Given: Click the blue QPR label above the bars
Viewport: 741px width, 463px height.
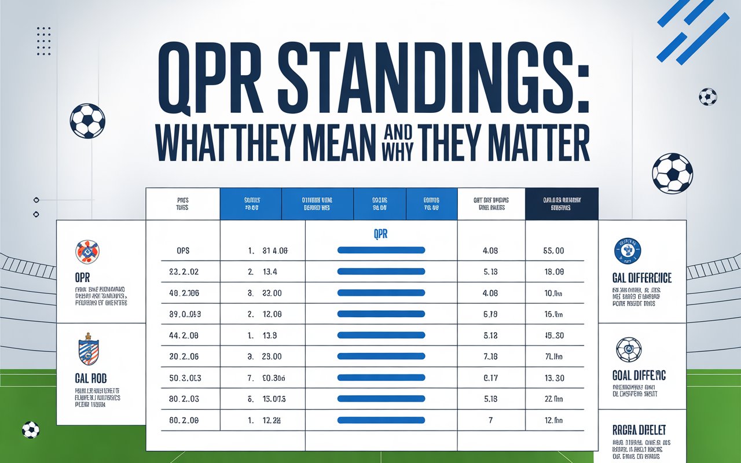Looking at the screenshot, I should click(x=380, y=235).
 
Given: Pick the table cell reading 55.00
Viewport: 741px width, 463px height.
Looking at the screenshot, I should click(x=555, y=251).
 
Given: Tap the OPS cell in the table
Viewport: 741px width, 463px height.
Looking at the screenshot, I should click(x=182, y=251).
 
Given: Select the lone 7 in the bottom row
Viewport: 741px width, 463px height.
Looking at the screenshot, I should click(x=490, y=420).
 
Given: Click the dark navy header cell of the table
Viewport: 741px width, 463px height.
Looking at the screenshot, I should click(x=562, y=203).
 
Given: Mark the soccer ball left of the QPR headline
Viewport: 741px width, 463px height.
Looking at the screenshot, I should click(x=87, y=121).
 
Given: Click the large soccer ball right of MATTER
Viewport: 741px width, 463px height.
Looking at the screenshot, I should click(x=672, y=172).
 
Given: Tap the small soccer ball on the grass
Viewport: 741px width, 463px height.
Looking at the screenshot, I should click(x=31, y=430).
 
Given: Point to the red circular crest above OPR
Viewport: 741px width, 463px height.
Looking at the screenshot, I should click(x=87, y=252).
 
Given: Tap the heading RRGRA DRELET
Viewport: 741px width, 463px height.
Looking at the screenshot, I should click(x=639, y=430).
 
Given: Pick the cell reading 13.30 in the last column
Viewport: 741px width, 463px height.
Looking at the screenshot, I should click(x=555, y=377).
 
